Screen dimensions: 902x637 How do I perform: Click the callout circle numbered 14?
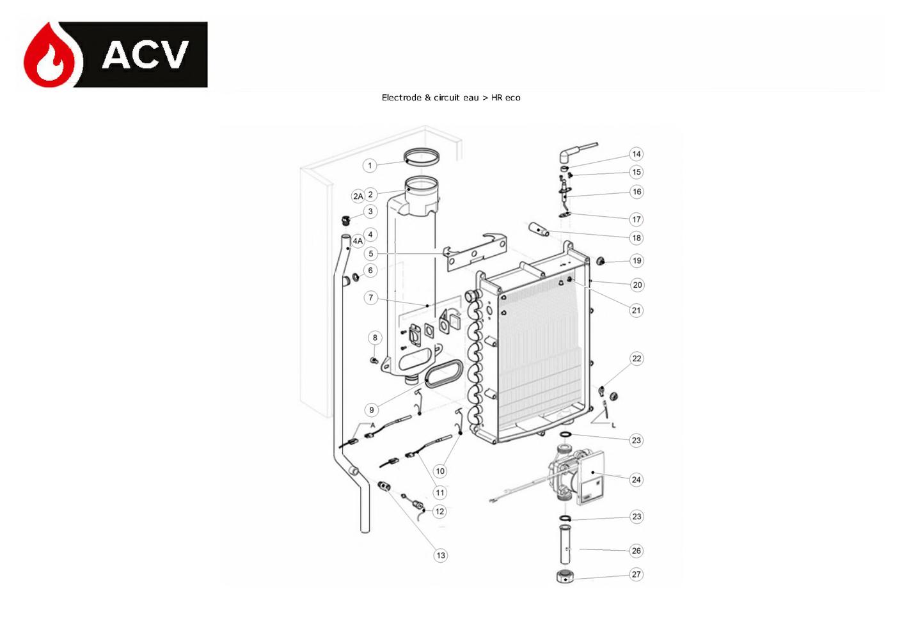(637, 154)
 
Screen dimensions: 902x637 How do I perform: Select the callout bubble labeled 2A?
(358, 196)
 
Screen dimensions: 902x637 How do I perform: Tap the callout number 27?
(637, 574)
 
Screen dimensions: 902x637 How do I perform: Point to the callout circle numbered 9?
(371, 410)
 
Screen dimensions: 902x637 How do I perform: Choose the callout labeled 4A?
(358, 240)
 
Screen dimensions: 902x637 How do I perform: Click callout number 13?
(441, 555)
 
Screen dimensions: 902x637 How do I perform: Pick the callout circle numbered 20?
(637, 285)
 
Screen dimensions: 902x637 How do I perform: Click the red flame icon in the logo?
(52, 56)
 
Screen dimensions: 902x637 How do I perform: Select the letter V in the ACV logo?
(171, 55)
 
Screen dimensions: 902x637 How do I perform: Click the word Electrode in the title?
(401, 97)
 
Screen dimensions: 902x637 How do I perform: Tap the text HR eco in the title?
(505, 97)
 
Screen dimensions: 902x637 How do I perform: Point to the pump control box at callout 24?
(590, 478)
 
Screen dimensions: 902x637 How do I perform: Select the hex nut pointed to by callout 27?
(565, 577)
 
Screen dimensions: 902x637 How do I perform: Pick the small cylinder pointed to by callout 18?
(539, 229)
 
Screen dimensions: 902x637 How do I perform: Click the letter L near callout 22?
(613, 425)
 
